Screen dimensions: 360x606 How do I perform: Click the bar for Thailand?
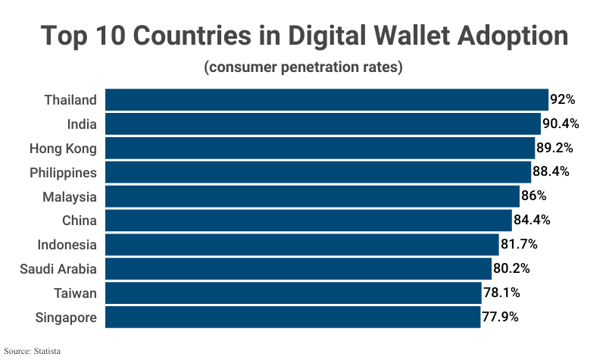pyautogui.click(x=326, y=99)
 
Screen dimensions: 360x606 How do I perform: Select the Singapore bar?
pyautogui.click(x=292, y=317)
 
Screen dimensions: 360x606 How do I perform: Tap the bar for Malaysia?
pyautogui.click(x=312, y=196)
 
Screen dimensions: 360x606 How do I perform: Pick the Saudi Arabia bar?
pyautogui.click(x=298, y=268)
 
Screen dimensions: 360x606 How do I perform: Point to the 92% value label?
pyautogui.click(x=563, y=99)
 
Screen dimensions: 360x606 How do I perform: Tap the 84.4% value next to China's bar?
pyautogui.click(x=531, y=221)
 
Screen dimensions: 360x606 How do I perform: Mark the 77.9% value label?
pyautogui.click(x=500, y=317)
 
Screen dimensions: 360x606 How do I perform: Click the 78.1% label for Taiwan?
pyautogui.click(x=501, y=293)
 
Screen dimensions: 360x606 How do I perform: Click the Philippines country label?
pyautogui.click(x=63, y=172)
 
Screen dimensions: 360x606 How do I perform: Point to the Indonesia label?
pyautogui.click(x=67, y=245)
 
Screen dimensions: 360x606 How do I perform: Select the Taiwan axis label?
pyautogui.click(x=75, y=293)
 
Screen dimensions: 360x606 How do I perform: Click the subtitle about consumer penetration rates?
pyautogui.click(x=303, y=67)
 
